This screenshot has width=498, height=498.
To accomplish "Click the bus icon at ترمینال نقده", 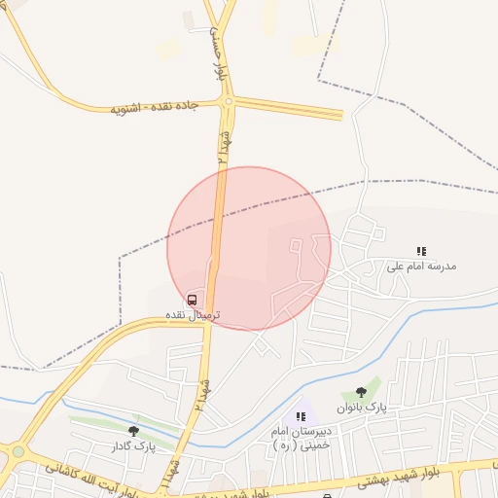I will [192, 301].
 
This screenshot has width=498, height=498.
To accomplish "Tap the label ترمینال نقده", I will [191, 316].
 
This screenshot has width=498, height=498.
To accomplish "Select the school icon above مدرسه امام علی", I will [421, 251].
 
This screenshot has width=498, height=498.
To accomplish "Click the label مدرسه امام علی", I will [421, 266].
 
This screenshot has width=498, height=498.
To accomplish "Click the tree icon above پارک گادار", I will [133, 431].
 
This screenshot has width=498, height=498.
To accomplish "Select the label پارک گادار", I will [131, 445].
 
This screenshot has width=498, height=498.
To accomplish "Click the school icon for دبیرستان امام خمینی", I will [301, 416].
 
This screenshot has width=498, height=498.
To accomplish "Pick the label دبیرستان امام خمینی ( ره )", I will [302, 437].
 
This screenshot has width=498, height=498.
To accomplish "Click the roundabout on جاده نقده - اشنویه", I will [229, 101].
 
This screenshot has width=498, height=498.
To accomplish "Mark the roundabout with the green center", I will [18, 452].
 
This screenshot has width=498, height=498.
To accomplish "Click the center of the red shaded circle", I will [249, 248].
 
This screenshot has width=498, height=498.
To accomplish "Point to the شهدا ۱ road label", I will [171, 477].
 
